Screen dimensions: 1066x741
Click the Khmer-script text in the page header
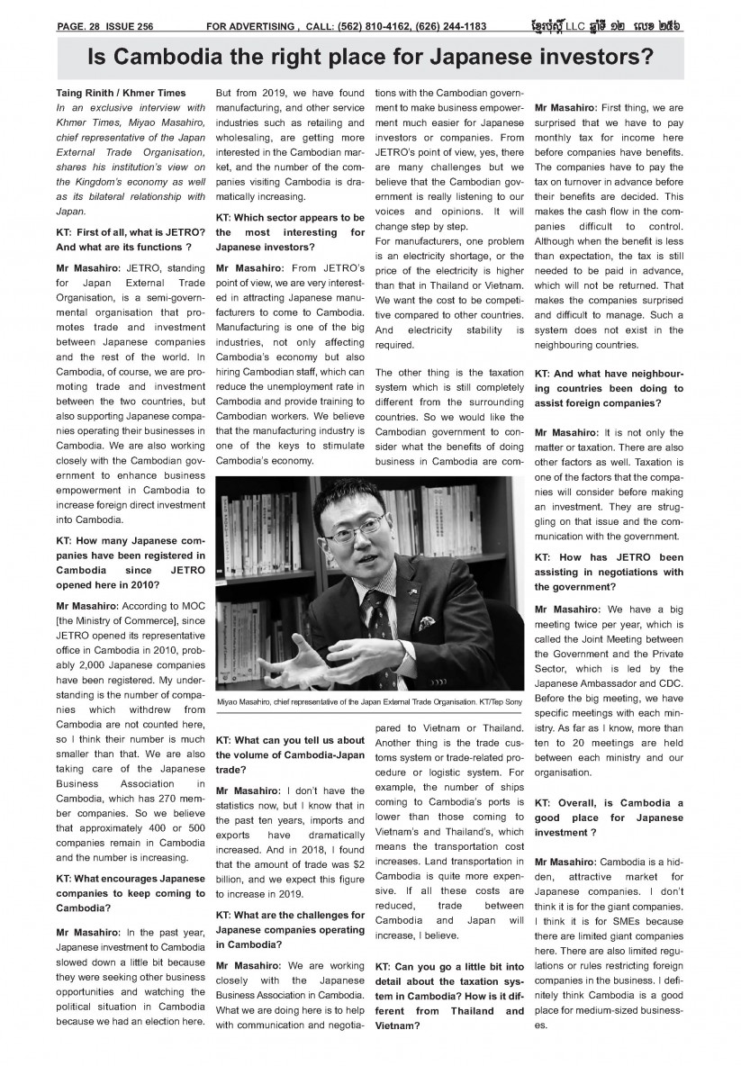coord(621,25)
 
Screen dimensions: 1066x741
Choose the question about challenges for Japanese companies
coord(290,928)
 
